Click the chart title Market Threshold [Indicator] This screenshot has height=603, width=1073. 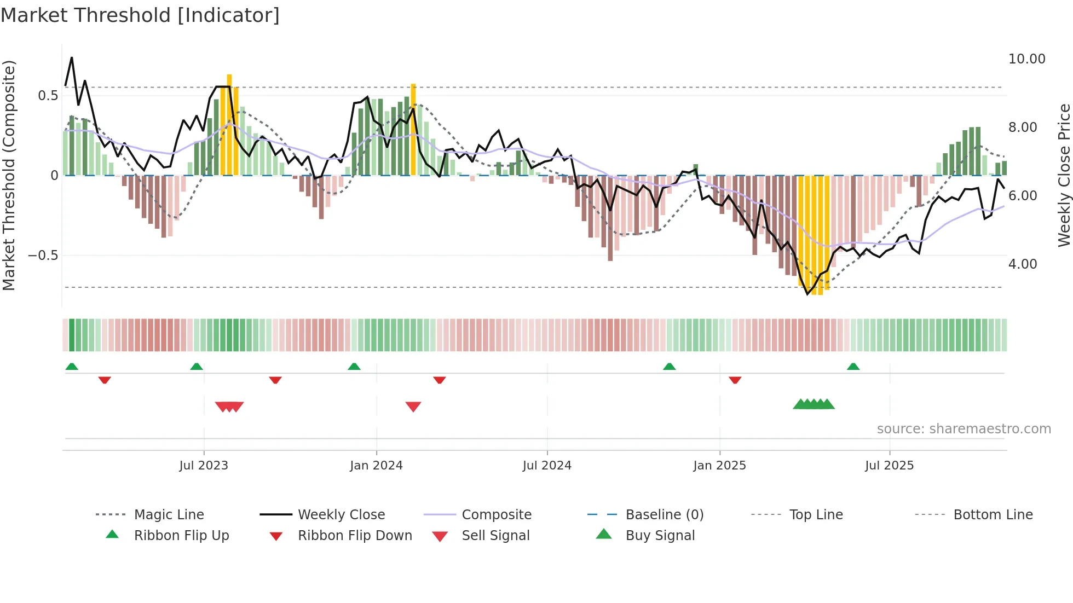tap(140, 15)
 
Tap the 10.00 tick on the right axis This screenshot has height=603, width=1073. tap(1026, 59)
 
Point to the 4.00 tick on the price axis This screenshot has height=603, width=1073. tap(1022, 264)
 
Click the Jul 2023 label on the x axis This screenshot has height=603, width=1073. tap(204, 466)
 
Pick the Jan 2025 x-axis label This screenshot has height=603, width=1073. tap(719, 466)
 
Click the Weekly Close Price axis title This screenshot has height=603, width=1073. tap(1064, 175)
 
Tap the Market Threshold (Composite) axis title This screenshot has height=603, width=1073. tap(9, 175)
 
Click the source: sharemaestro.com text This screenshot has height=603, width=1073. tap(964, 429)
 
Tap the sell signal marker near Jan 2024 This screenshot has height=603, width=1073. tap(413, 407)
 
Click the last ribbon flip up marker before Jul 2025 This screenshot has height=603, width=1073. tap(853, 367)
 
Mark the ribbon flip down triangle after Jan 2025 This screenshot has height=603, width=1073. tap(735, 380)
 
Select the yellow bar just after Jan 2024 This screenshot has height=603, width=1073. tap(413, 130)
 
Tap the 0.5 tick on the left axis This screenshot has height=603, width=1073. tap(48, 96)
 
